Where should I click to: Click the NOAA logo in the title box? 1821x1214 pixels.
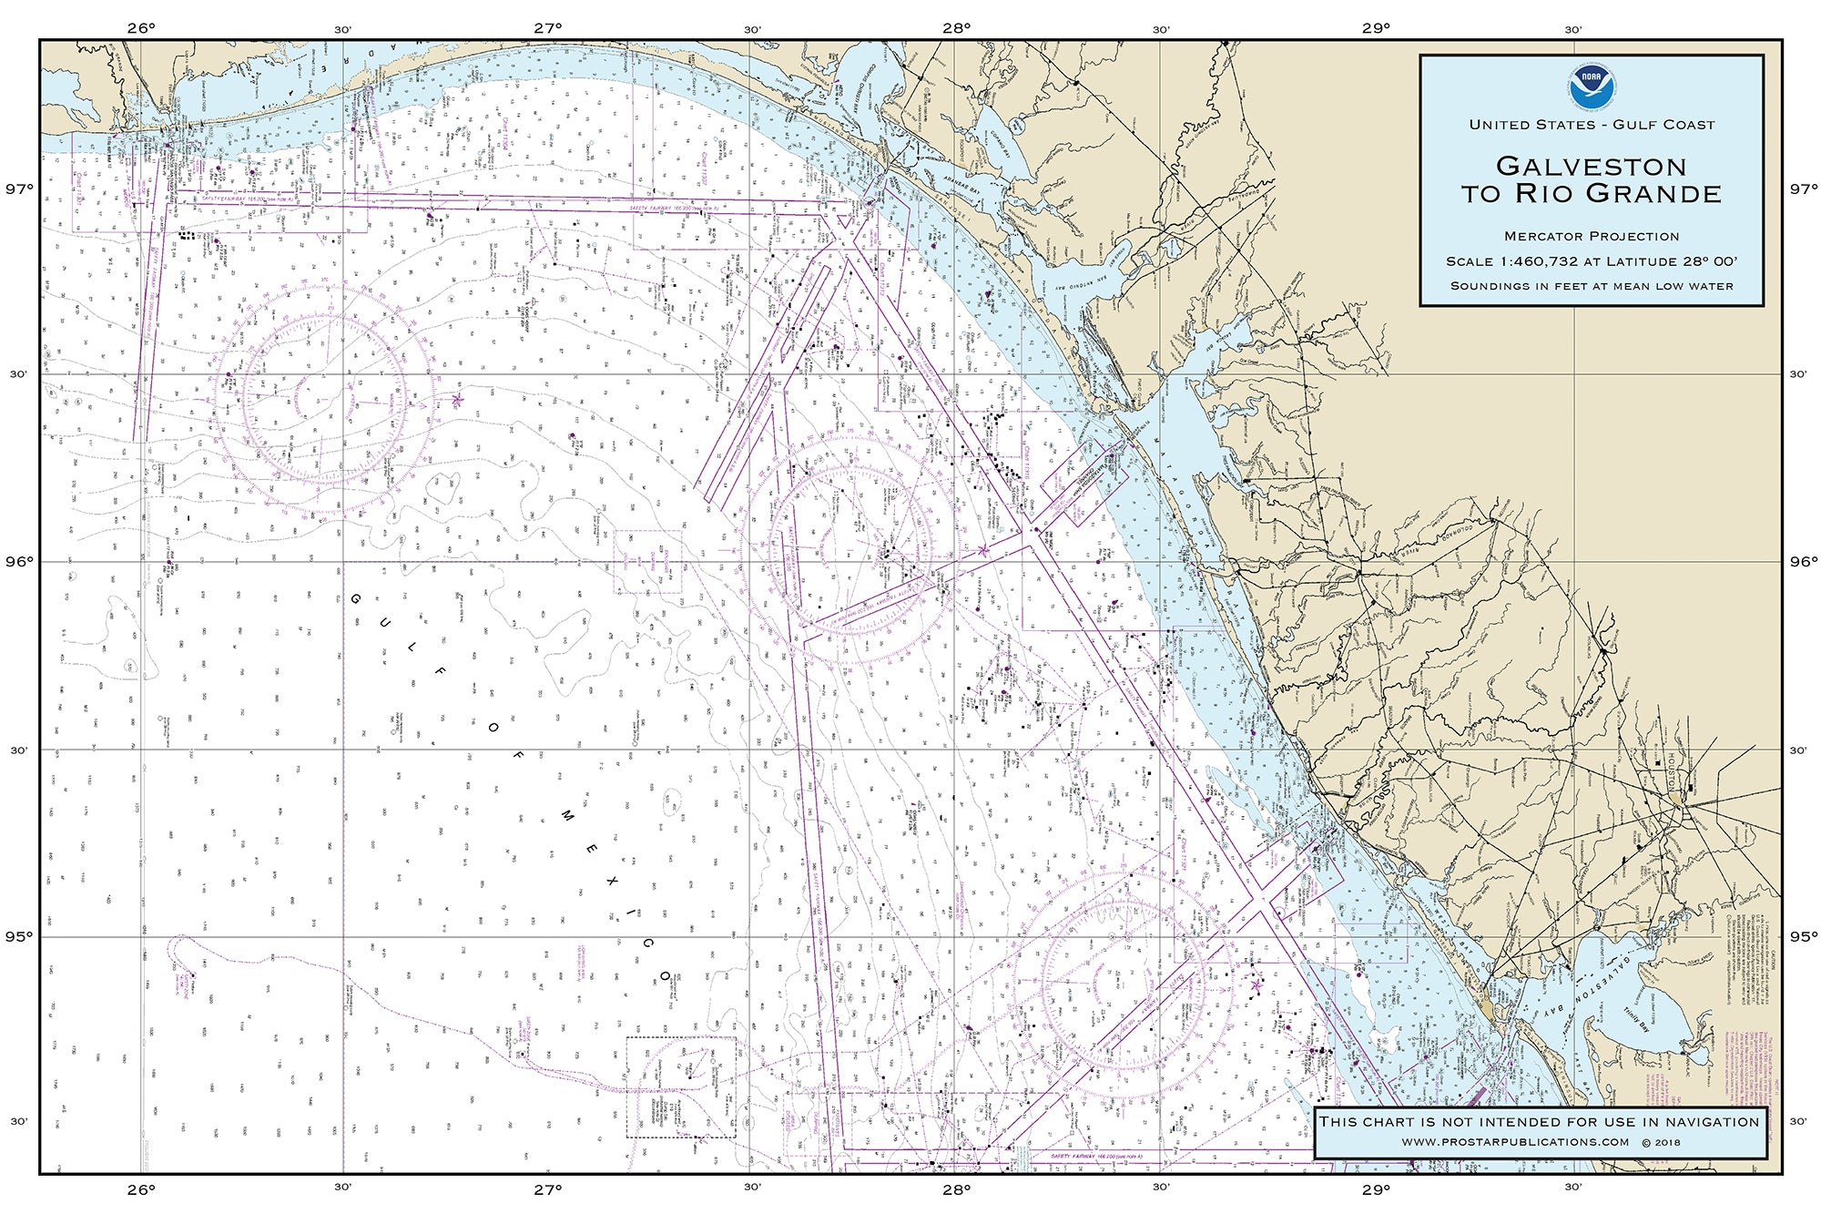(1592, 85)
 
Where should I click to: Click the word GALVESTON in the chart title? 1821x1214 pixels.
(1592, 166)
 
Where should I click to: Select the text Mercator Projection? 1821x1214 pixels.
(1592, 237)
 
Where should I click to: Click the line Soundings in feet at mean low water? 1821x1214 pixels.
(1592, 286)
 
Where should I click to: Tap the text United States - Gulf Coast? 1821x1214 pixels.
(1592, 125)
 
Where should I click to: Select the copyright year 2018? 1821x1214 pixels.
(1668, 1142)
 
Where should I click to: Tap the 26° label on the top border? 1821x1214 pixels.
(141, 27)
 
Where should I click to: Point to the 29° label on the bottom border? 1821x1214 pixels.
(1376, 1188)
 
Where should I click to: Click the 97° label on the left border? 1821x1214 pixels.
(19, 189)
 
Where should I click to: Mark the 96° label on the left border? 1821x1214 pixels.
(19, 562)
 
